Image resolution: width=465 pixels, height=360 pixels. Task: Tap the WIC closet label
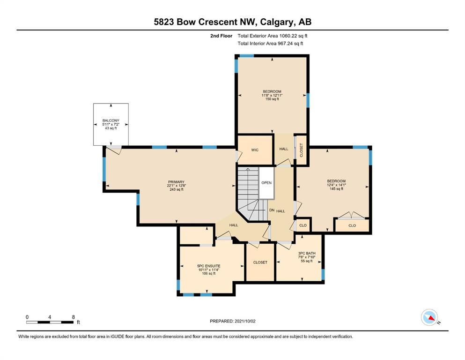point(255,150)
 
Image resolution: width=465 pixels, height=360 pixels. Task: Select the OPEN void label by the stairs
point(266,183)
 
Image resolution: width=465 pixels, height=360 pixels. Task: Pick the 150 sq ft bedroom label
point(272,95)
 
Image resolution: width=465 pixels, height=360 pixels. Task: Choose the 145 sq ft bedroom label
point(336,185)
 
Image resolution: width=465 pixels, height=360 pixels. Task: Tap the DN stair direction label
point(272,210)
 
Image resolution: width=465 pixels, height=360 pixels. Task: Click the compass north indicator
point(430,317)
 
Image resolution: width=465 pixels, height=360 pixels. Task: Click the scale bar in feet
point(50,322)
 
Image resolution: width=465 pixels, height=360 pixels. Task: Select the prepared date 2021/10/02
point(244,321)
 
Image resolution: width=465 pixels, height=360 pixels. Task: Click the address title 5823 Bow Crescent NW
point(206,22)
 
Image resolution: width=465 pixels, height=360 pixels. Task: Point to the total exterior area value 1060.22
point(288,36)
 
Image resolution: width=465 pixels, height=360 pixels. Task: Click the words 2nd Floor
point(221,36)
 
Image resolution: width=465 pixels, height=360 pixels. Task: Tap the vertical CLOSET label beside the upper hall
point(302,150)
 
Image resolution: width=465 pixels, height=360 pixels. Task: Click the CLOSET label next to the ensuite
point(260,262)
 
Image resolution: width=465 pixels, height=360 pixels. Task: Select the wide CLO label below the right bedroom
point(352,225)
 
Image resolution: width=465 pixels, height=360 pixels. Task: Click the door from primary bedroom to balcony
point(114,150)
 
